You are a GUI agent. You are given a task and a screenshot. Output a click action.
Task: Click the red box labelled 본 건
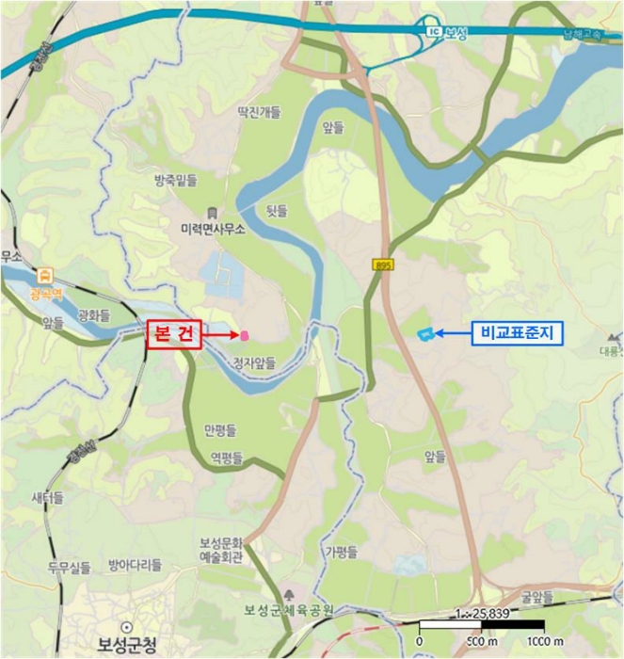(x=174, y=334)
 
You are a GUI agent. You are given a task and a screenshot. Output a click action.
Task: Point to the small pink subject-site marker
(x=245, y=334)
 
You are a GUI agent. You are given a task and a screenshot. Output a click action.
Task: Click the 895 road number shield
(x=381, y=265)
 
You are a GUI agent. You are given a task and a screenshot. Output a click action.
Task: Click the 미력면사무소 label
(x=213, y=229)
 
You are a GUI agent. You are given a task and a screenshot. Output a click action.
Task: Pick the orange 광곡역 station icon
(x=44, y=276)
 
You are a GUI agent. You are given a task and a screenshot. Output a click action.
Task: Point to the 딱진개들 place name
(x=259, y=112)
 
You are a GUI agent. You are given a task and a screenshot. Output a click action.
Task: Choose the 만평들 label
(x=219, y=430)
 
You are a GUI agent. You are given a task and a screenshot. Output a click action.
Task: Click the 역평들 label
(x=226, y=458)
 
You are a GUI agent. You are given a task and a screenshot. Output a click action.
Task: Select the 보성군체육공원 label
(x=290, y=610)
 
